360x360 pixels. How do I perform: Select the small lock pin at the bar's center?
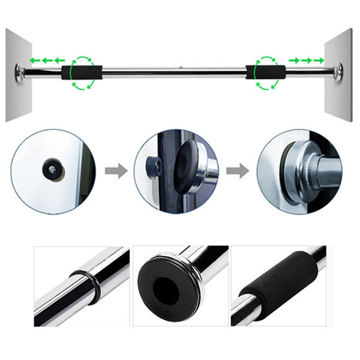click(x=180, y=67)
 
